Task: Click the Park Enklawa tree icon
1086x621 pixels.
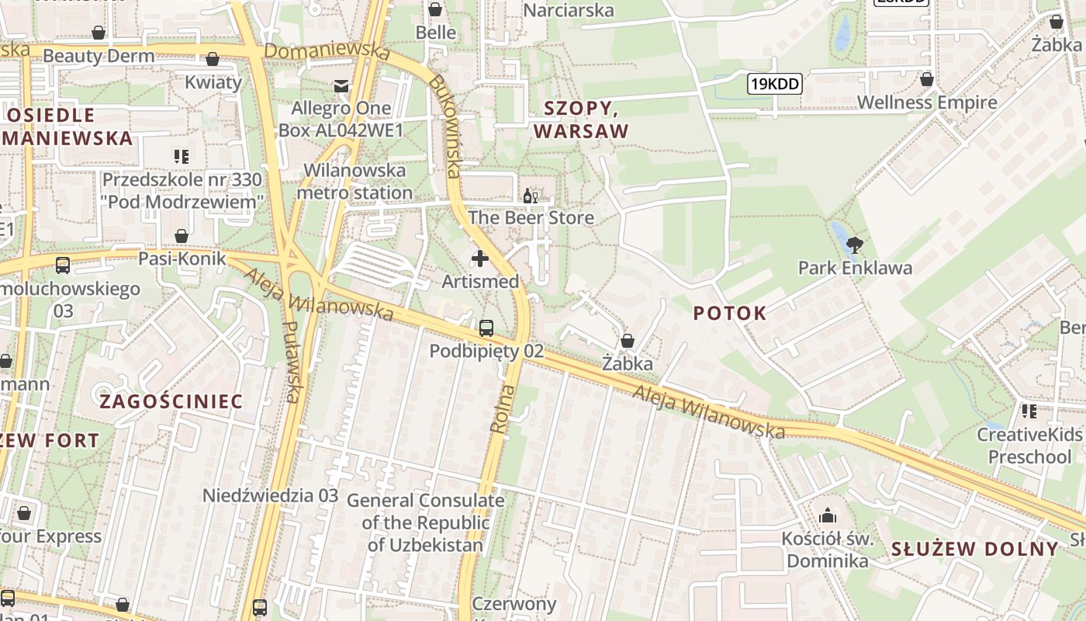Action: pyautogui.click(x=855, y=246)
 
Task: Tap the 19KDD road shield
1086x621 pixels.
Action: pyautogui.click(x=774, y=84)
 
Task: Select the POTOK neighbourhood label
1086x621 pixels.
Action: pyautogui.click(x=729, y=314)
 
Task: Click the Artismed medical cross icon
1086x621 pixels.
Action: pyautogui.click(x=480, y=258)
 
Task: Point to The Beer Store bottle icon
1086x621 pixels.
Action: pyautogui.click(x=531, y=196)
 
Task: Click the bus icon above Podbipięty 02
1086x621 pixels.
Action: pyautogui.click(x=486, y=328)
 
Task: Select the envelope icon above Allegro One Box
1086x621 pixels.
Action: pyautogui.click(x=341, y=85)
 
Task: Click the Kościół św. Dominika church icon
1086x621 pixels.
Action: pyautogui.click(x=828, y=515)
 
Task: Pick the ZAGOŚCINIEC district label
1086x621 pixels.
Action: pyautogui.click(x=171, y=401)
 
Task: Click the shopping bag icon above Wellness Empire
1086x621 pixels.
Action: pyautogui.click(x=926, y=79)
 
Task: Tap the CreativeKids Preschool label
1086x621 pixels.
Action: pyautogui.click(x=1029, y=445)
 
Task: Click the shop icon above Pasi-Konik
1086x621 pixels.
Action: pyautogui.click(x=182, y=236)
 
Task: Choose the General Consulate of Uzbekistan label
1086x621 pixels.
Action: pyautogui.click(x=425, y=522)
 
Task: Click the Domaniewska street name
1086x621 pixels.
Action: pyautogui.click(x=327, y=51)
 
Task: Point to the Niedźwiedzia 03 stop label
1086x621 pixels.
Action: pyautogui.click(x=270, y=495)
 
